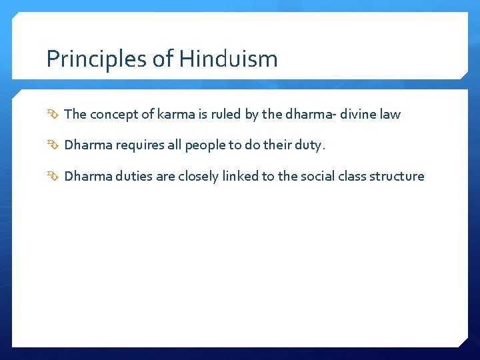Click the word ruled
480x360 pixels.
click(x=223, y=114)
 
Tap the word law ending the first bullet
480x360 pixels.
click(x=390, y=114)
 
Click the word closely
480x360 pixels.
click(x=197, y=177)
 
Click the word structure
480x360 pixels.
click(x=398, y=177)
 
